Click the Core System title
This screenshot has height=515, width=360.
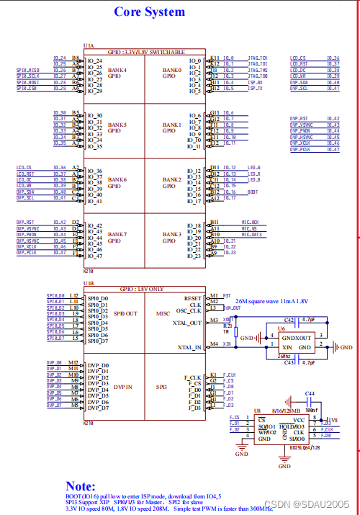pos(149,12)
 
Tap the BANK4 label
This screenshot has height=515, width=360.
pos(117,71)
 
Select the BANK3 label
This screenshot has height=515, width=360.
pos(172,234)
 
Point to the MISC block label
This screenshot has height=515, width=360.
pos(163,314)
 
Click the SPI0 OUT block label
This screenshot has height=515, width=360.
pos(122,314)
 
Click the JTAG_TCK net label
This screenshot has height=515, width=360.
pos(257,58)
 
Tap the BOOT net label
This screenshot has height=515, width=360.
pos(253,192)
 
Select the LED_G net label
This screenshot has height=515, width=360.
pos(253,168)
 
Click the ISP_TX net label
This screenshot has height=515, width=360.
pos(255,89)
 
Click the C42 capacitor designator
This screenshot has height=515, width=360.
pos(288,318)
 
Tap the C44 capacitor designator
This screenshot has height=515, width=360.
pos(310,394)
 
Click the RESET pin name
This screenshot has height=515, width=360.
pos(193,297)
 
